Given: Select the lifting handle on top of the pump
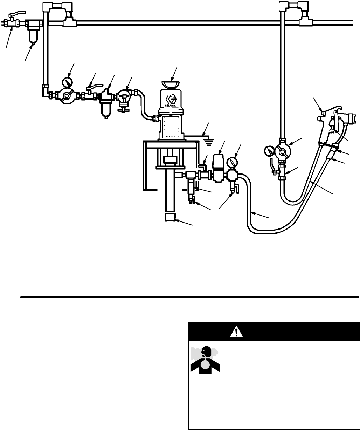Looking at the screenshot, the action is click(x=171, y=84).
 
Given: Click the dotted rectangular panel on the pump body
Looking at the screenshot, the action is click(x=171, y=128).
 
